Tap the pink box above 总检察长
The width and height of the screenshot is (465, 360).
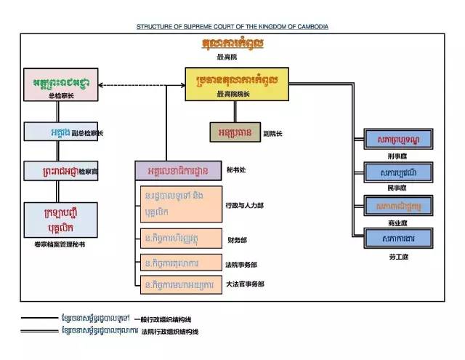click(x=61, y=82)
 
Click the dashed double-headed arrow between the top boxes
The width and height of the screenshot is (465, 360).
click(x=142, y=86)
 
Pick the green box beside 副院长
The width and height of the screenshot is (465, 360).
click(x=235, y=133)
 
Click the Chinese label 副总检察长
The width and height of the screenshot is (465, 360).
click(x=88, y=134)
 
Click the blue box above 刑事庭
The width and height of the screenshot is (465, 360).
click(x=399, y=138)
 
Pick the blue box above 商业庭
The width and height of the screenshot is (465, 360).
click(x=399, y=205)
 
